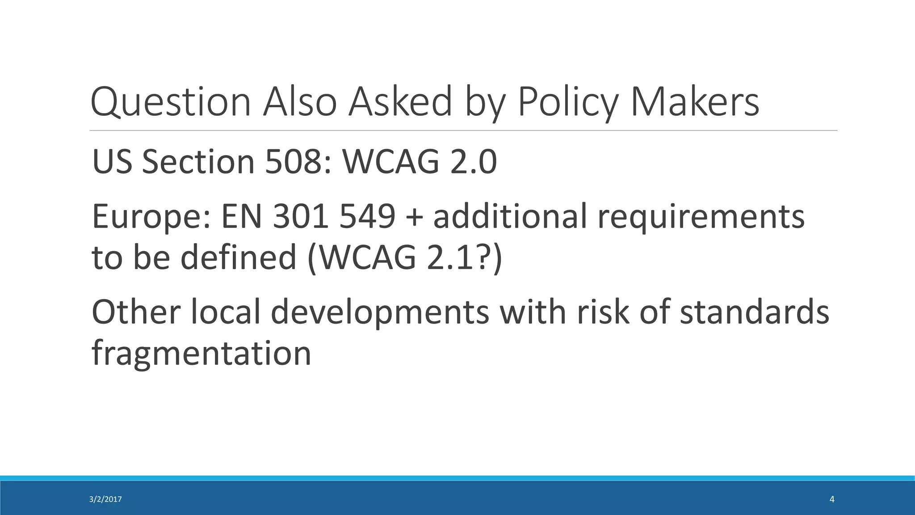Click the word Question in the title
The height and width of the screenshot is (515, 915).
[170, 102]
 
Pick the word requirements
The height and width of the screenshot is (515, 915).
[701, 216]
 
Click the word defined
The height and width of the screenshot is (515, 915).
[239, 257]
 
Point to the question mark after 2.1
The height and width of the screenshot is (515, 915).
[483, 257]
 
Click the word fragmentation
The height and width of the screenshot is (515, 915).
[201, 353]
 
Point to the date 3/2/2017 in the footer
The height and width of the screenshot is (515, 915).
[105, 500]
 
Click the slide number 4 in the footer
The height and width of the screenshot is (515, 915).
[831, 500]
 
